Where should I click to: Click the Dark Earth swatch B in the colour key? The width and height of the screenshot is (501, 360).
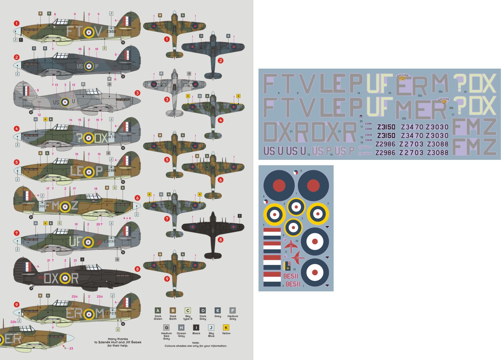[x=173, y=311]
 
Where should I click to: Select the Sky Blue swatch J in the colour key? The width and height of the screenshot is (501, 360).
[x=211, y=328]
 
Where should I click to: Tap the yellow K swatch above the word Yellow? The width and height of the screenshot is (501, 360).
[x=226, y=328]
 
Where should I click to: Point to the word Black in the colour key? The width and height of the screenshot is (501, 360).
[x=196, y=333]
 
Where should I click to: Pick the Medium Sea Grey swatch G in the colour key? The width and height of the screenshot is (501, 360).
[x=166, y=328]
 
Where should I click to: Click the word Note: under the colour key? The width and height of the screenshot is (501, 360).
[x=196, y=343]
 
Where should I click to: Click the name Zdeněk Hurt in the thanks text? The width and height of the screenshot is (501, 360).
[x=107, y=342]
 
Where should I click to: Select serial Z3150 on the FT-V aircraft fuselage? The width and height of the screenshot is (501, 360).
[x=111, y=32]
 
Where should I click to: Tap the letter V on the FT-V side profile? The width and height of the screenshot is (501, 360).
[x=98, y=31]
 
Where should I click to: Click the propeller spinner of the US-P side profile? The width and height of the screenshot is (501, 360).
[x=17, y=65]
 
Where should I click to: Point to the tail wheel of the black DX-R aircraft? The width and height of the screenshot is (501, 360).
[x=31, y=288]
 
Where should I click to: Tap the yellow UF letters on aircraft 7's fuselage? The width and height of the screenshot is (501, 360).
[x=75, y=242]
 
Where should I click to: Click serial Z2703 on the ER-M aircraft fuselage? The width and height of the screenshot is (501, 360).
[x=110, y=313]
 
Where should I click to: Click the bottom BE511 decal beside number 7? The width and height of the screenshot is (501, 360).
[x=293, y=284]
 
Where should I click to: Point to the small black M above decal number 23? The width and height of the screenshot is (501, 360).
[x=361, y=117]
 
